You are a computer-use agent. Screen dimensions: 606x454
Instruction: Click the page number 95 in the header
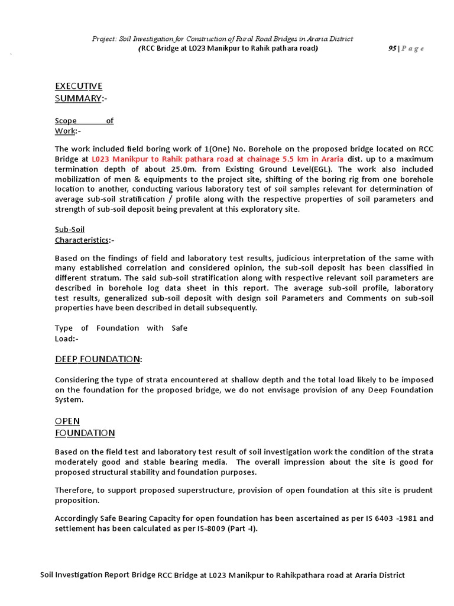(x=391, y=49)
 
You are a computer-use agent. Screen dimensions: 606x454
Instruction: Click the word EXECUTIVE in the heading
(x=79, y=86)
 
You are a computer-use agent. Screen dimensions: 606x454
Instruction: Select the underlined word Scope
(x=66, y=121)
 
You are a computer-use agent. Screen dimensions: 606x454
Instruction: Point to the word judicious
(x=307, y=258)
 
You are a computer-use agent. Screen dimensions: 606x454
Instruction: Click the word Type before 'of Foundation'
(x=64, y=328)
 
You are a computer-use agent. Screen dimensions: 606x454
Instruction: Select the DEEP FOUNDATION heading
(x=98, y=359)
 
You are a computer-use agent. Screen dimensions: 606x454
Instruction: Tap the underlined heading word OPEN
(x=67, y=421)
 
